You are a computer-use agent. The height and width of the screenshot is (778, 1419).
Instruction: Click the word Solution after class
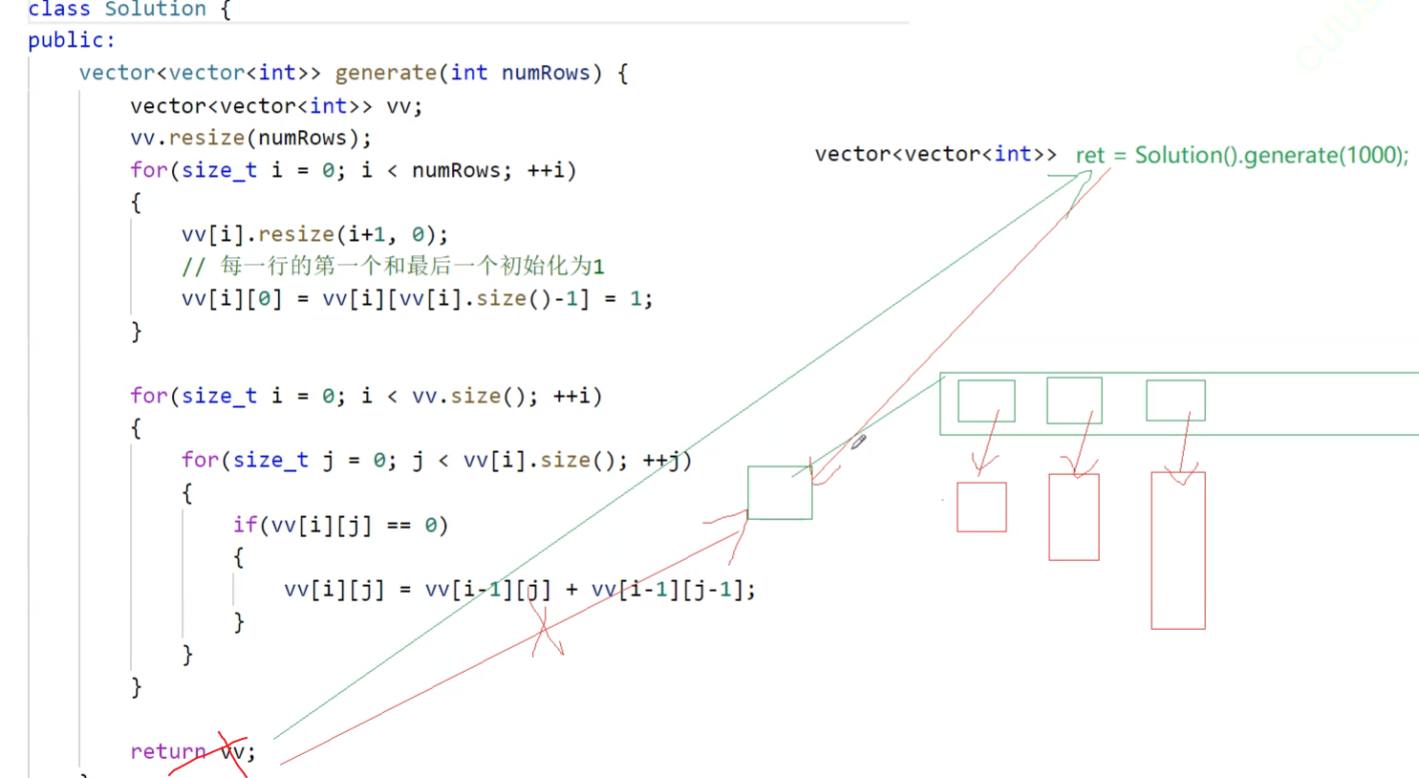[155, 10]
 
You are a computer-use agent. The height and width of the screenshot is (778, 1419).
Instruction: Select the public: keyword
[71, 40]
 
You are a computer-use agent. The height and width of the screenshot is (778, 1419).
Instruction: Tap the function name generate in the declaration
[385, 73]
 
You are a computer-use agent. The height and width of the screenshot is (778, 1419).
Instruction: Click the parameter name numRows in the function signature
[546, 73]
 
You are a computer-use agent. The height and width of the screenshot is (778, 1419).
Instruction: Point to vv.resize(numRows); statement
[250, 138]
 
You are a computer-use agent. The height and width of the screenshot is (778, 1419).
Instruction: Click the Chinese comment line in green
[393, 266]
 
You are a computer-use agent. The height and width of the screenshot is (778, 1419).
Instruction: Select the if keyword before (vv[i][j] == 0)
[245, 525]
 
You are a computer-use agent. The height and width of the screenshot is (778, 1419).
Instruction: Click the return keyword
[168, 751]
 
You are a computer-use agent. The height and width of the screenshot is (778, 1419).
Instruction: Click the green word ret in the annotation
[1089, 155]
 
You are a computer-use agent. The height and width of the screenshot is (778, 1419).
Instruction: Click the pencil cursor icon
[858, 441]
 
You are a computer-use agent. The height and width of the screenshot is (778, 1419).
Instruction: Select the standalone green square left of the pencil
[780, 493]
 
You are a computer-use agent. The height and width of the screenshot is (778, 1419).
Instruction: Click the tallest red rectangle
[1177, 551]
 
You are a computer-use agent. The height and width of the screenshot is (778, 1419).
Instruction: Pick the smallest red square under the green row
[981, 507]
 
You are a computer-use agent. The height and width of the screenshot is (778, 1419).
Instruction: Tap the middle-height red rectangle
[1074, 517]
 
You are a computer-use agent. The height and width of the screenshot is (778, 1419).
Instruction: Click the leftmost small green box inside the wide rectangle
[986, 400]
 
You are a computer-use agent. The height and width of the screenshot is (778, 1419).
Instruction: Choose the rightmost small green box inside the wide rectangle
[1175, 400]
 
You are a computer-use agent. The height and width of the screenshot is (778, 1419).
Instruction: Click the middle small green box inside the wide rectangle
[1074, 400]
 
